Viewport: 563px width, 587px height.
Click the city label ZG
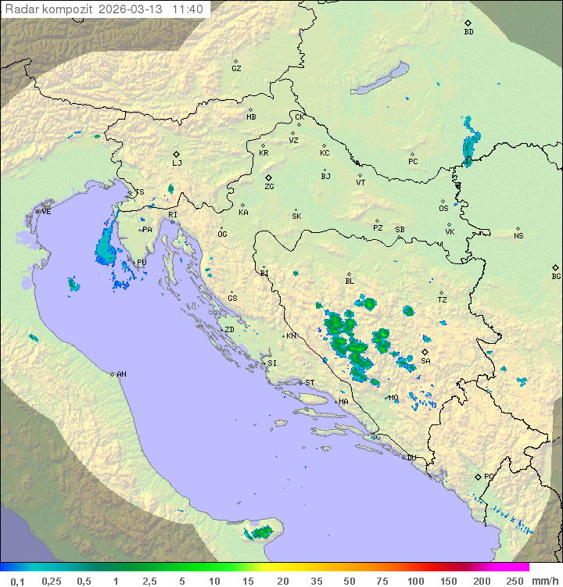[x=269, y=187]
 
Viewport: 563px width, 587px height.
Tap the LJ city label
[x=177, y=163]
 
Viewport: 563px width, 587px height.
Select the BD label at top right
[x=468, y=32]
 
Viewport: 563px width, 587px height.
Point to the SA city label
[x=425, y=361]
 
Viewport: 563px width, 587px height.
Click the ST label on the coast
[x=310, y=383]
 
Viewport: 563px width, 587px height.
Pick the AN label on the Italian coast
[x=121, y=374]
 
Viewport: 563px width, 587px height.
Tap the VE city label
[x=46, y=212]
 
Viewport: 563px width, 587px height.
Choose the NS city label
[x=518, y=236]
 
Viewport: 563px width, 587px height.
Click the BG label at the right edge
[x=556, y=276]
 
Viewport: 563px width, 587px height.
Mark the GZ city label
[x=236, y=69]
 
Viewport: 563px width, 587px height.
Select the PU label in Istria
[x=142, y=263]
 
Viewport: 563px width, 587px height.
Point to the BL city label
[x=350, y=281]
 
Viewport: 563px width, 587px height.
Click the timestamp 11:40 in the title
[x=188, y=9]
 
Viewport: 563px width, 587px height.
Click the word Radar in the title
[x=20, y=9]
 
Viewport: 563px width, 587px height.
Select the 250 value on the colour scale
[x=514, y=581]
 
